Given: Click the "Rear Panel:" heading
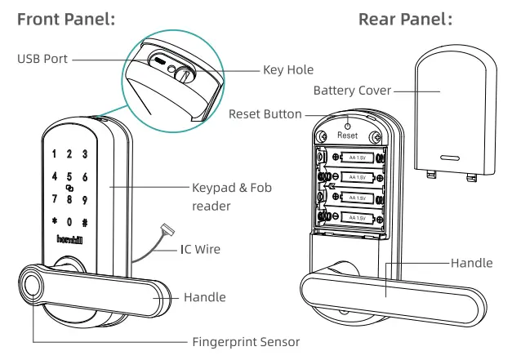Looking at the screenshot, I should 405,18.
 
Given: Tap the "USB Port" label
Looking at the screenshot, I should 42,59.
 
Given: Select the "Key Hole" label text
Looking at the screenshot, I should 286,71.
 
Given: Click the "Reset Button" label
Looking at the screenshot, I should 265,114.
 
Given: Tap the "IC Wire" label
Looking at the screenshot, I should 200,247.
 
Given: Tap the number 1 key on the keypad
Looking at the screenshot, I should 54,153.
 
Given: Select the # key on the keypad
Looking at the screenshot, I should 84,222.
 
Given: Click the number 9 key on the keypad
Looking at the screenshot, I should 84,198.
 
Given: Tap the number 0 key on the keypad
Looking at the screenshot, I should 69,222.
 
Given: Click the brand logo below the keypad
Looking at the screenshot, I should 69,239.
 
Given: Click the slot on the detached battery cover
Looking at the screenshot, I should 451,155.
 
